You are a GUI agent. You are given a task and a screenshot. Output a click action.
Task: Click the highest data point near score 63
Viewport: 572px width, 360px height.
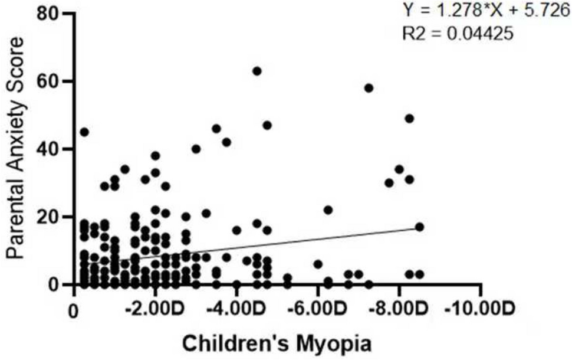click(x=257, y=71)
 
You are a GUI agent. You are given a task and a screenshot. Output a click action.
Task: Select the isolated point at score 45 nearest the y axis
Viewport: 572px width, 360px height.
click(x=84, y=132)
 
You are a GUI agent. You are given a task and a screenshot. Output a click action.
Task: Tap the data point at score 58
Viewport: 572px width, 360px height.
click(x=369, y=88)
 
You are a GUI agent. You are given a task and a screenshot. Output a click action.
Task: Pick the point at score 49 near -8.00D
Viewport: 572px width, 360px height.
click(x=409, y=119)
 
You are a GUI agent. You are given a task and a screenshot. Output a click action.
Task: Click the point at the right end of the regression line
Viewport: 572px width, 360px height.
click(x=419, y=227)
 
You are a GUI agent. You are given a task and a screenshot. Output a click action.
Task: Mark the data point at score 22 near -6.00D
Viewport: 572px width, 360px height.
click(x=328, y=210)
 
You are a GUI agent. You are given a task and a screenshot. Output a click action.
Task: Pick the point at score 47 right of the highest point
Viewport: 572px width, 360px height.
click(x=267, y=125)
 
